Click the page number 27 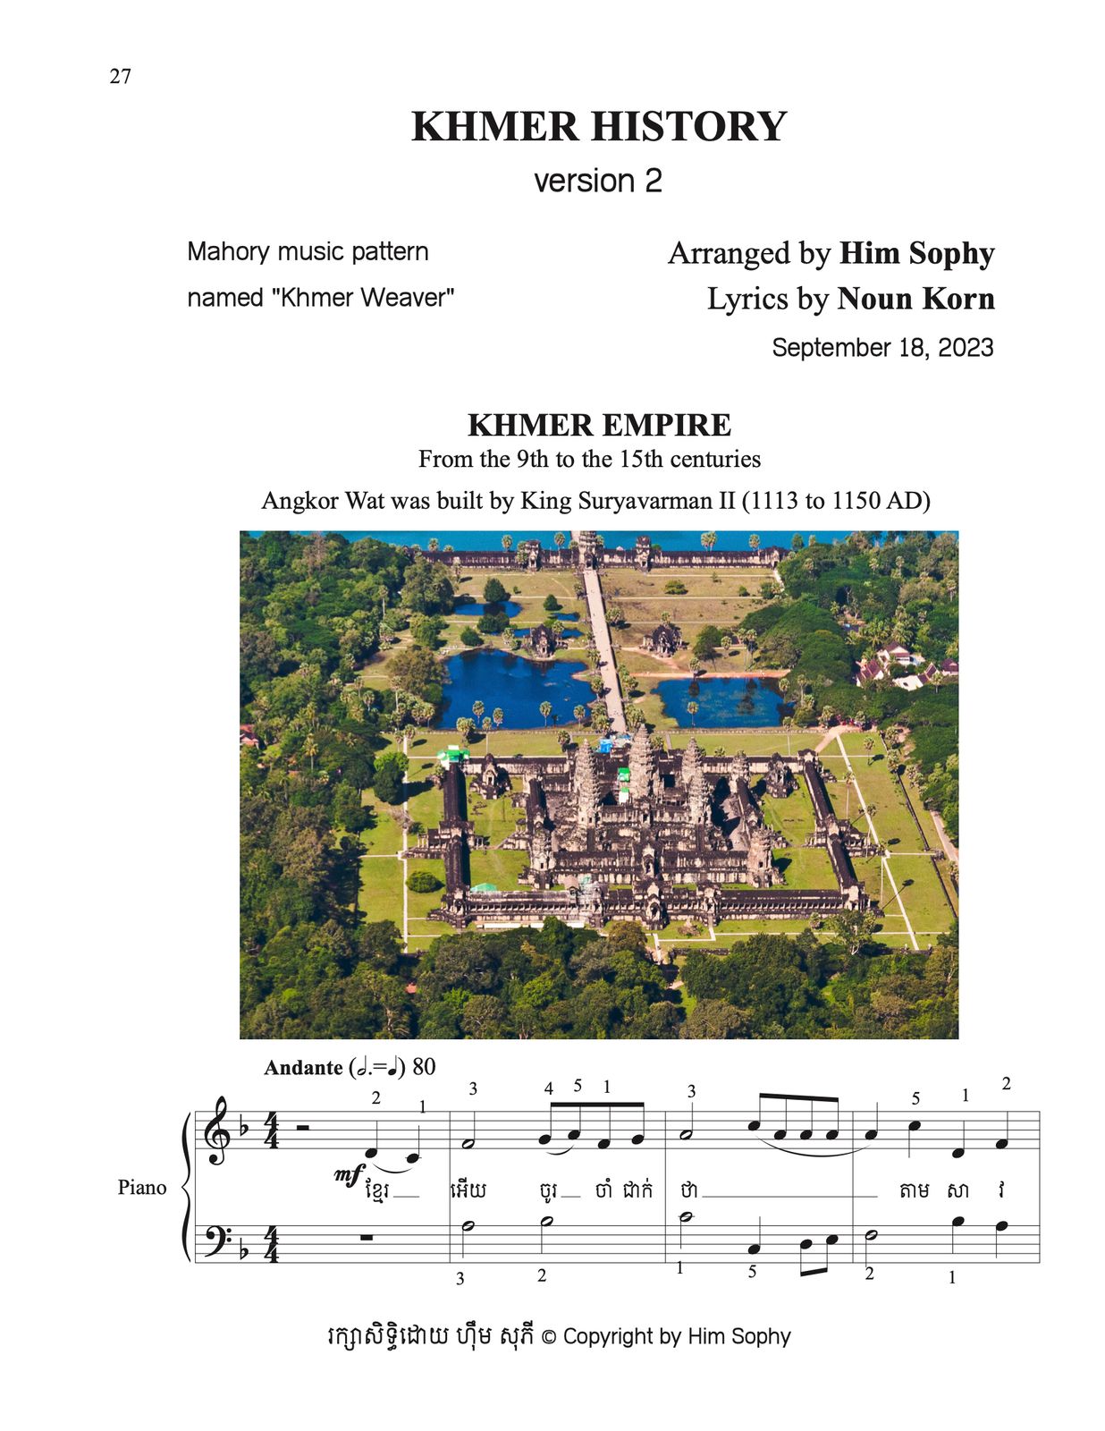121,76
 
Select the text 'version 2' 597,181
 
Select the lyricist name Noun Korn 915,299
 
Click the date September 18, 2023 882,348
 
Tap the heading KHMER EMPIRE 599,425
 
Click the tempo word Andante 303,1068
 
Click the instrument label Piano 141,1188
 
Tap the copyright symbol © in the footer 548,1337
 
